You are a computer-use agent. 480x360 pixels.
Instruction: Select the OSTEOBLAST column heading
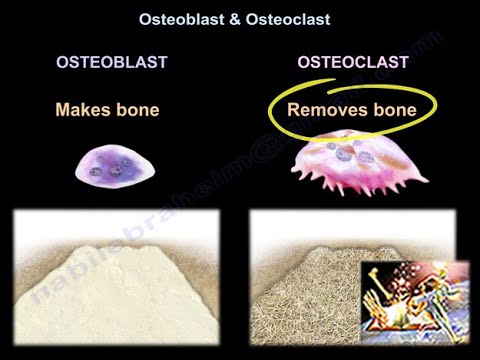click(x=111, y=63)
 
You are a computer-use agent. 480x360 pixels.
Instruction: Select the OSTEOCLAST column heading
click(x=352, y=63)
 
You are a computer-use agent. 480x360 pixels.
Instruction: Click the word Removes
click(x=322, y=108)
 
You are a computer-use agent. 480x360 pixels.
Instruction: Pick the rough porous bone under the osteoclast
click(x=300, y=300)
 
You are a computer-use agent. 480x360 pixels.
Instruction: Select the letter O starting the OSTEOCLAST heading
click(x=304, y=63)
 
